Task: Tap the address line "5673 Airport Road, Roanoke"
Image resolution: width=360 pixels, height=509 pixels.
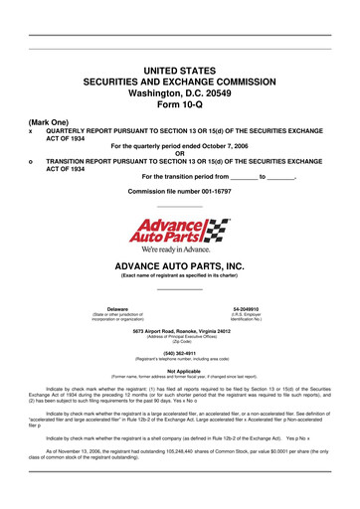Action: (179, 330)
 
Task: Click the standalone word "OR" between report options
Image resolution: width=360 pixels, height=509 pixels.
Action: (179, 153)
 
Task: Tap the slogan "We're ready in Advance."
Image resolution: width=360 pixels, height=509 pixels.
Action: (179, 250)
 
